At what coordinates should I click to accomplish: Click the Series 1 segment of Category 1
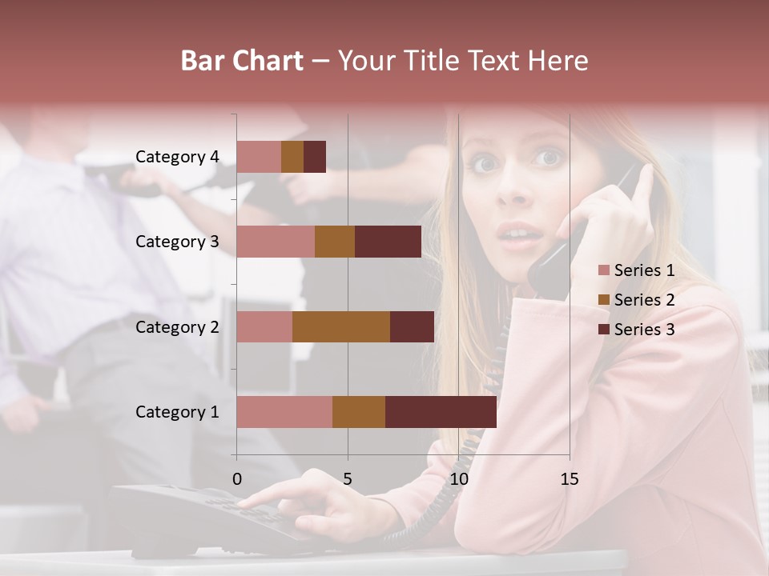coord(284,411)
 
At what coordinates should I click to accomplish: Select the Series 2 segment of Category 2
coord(341,326)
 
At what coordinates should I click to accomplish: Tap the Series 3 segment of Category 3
coord(388,242)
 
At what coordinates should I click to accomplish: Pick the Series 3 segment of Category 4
coord(315,157)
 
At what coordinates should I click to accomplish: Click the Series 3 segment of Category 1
coord(441,411)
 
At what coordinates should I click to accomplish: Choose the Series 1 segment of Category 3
coord(276,242)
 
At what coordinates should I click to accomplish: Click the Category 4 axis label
coord(177,157)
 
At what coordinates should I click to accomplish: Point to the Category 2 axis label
coord(177,326)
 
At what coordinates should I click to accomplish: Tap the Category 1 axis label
coord(177,411)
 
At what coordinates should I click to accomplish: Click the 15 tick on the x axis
coord(569,479)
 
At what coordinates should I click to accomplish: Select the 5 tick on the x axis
coord(348,479)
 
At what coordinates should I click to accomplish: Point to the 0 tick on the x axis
coord(236,479)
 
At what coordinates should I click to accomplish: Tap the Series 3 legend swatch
coord(604,330)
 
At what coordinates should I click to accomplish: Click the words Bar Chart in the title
coord(242,61)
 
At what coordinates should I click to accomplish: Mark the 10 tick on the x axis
coord(458,479)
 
